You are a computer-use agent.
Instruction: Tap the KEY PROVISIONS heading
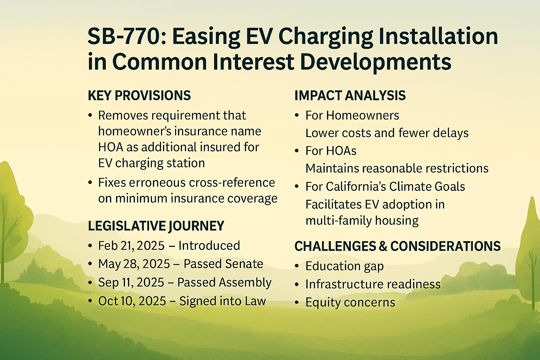[x=139, y=96]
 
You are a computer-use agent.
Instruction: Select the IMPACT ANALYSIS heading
[x=350, y=96]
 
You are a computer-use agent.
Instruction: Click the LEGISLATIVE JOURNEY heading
[x=156, y=226]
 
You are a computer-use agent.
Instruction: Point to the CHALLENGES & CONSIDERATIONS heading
[x=398, y=246]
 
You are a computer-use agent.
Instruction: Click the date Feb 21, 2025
[x=131, y=246]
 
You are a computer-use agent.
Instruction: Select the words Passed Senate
[x=223, y=264]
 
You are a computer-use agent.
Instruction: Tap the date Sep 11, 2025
[x=131, y=282]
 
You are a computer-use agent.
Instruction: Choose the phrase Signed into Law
[x=223, y=301]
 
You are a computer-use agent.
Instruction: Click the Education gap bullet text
[x=345, y=266]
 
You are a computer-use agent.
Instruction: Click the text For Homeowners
[x=352, y=116]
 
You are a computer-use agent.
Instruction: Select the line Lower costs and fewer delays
[x=387, y=133]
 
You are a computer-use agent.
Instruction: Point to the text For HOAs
[x=331, y=151]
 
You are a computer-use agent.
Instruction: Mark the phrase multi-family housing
[x=362, y=221]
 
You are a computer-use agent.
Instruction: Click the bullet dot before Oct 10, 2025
[x=90, y=301]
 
